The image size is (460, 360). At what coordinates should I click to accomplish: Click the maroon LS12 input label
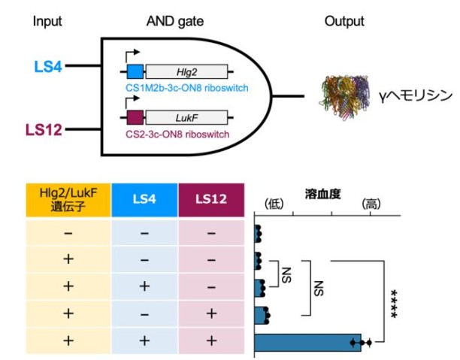point(47,130)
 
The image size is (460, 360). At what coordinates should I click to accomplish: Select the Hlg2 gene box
point(186,72)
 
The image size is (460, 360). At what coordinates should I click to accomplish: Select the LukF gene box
point(186,118)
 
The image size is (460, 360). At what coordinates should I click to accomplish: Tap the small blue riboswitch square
point(135,72)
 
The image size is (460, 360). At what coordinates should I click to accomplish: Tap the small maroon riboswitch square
point(135,118)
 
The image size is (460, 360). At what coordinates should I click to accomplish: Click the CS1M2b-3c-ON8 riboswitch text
point(186,89)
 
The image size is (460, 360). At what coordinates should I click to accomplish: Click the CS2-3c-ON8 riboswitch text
point(176,135)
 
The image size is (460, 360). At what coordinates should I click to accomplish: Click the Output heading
point(343,20)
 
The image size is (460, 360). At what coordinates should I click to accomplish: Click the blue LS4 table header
point(144,200)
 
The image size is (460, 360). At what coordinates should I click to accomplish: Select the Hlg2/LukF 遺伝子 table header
point(68,200)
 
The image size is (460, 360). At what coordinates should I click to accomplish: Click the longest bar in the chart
point(307,343)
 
